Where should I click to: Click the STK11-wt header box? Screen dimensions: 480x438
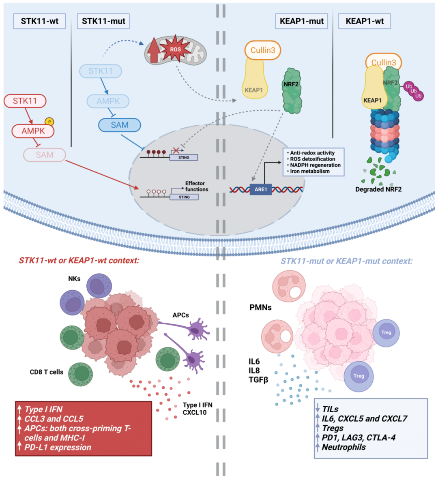pos(39,21)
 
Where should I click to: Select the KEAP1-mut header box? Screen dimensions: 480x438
pos(302,21)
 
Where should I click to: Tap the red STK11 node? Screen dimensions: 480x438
pos(25,101)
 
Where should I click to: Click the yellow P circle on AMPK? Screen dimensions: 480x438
pos(49,122)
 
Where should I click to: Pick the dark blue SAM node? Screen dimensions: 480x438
pos(120,125)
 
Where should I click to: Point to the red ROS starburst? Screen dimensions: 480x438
pos(175,49)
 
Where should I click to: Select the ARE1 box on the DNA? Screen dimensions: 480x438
pos(260,189)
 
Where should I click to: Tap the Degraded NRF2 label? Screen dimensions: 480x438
pos(378,189)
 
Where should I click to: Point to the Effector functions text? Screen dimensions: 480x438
pos(196,186)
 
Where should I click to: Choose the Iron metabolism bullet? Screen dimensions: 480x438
pos(309,171)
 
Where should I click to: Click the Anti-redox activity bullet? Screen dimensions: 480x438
pos(312,153)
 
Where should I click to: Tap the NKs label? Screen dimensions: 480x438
pos(74,279)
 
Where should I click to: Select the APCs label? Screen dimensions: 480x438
pos(180,315)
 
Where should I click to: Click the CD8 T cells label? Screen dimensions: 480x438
pos(46,372)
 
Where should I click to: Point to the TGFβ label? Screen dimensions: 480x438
pos(258,380)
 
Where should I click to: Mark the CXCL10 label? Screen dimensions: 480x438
pos(195,413)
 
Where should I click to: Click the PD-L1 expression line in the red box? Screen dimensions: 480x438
pos(58,447)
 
